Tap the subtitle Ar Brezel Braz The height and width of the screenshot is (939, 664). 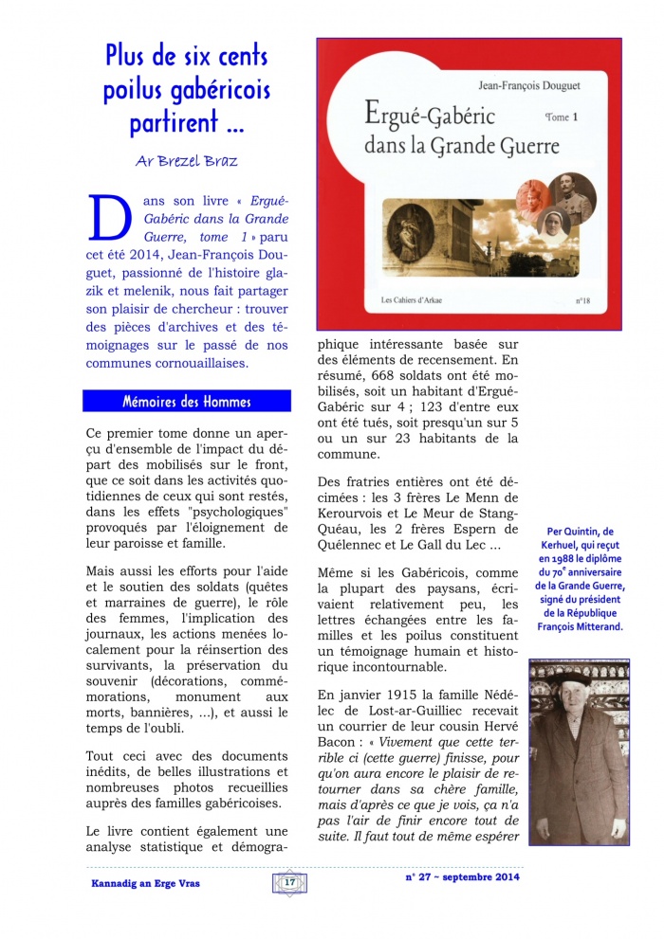(186, 158)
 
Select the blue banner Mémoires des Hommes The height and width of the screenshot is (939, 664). (187, 401)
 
